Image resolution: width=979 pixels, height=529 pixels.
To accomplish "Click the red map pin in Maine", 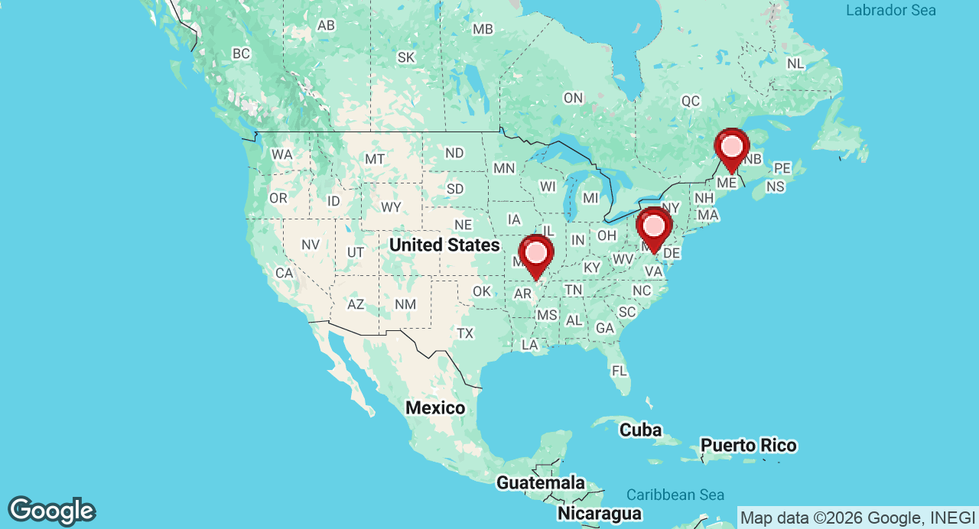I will point(732,148).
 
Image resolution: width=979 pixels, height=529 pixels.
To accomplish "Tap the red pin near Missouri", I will point(536,254).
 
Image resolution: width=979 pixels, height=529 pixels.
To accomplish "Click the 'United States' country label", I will point(444,245).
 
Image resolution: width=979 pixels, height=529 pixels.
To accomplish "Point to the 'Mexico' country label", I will point(435,407).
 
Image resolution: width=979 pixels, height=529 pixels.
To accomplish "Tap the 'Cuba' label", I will point(640,430).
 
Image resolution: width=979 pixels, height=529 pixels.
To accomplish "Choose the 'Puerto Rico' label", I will point(748,445).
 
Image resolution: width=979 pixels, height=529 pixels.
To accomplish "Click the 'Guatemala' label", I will point(541,482).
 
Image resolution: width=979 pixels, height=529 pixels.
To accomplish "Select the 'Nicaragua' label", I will point(599,512).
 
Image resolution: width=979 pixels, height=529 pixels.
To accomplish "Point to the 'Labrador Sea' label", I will point(890,11).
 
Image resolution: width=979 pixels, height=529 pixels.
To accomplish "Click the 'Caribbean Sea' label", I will point(675,495).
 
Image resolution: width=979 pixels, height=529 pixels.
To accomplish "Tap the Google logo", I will point(51,511).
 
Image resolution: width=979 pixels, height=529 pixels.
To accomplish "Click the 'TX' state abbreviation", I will point(465,333).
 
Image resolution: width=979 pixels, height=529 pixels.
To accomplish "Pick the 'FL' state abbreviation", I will point(620,371).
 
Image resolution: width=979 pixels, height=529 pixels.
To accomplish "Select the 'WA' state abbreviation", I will point(281,154).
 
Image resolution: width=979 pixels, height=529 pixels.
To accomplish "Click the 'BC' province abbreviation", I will point(241,54).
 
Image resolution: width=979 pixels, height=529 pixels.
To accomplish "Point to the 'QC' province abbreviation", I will point(691,101).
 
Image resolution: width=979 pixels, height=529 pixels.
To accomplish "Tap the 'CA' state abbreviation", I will point(285,273).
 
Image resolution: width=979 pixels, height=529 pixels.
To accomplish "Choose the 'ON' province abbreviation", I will point(573,98).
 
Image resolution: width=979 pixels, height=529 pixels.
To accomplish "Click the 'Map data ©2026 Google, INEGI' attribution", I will point(857,518).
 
